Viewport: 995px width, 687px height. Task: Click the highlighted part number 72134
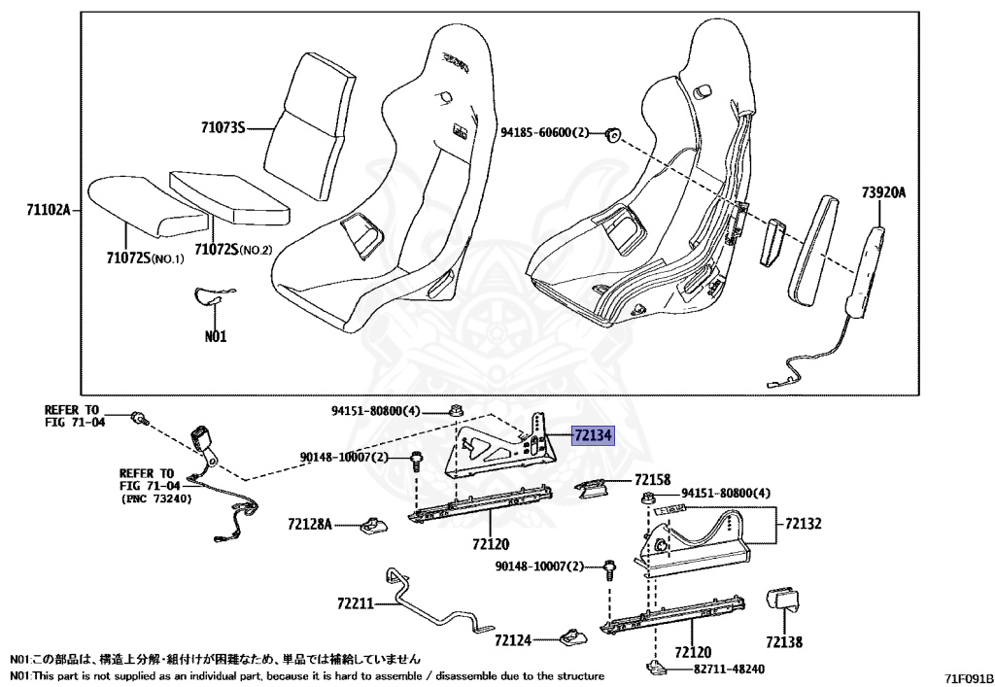click(x=592, y=436)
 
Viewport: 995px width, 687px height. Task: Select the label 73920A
click(x=882, y=192)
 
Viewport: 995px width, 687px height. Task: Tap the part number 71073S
click(x=223, y=127)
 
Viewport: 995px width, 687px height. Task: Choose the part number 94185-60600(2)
click(x=544, y=132)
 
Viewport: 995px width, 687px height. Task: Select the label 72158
click(x=652, y=480)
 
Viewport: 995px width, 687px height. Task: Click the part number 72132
click(x=804, y=524)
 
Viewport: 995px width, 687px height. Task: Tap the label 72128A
click(x=310, y=525)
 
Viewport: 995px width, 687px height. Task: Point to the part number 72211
click(x=356, y=603)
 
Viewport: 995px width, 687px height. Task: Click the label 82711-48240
click(x=729, y=670)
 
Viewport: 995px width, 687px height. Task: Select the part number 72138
click(x=784, y=641)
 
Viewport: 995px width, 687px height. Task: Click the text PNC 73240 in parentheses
click(x=157, y=498)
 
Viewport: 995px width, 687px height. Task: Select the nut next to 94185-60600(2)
click(x=613, y=134)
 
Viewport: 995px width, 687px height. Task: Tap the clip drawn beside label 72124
click(x=570, y=638)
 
